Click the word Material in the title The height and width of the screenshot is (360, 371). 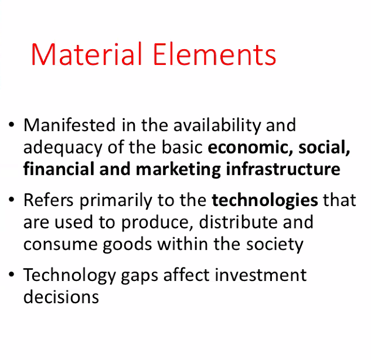coord(86,54)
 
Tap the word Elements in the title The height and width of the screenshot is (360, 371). coord(215,54)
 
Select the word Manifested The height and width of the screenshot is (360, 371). coord(69,125)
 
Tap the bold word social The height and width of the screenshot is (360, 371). coord(324,148)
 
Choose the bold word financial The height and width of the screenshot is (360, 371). coord(59,169)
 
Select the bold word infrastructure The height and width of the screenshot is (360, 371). coord(283,169)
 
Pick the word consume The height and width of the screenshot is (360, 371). coord(60,245)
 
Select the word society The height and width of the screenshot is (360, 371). coord(275,245)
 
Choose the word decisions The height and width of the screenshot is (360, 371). coord(61,297)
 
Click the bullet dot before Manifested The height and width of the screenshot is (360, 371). coord(11,125)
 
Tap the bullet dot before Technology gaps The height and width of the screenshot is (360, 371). coord(11,275)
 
